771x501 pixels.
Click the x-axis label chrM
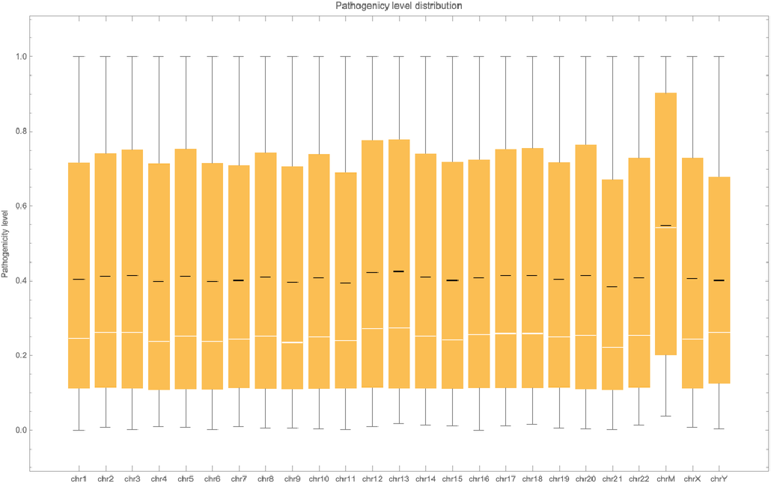[665, 479]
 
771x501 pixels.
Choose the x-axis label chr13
[399, 479]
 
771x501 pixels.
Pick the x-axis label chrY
[719, 479]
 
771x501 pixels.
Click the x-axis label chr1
[79, 479]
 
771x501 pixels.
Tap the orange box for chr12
[372, 224]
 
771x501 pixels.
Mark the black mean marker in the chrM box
[665, 225]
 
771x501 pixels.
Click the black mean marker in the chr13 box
[399, 271]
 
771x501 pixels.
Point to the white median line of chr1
[79, 338]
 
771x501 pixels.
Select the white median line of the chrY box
[719, 332]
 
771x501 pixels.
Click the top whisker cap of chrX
[692, 56]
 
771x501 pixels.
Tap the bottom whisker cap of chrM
[665, 416]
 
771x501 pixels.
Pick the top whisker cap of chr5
[186, 56]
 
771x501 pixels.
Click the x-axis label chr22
[639, 479]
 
